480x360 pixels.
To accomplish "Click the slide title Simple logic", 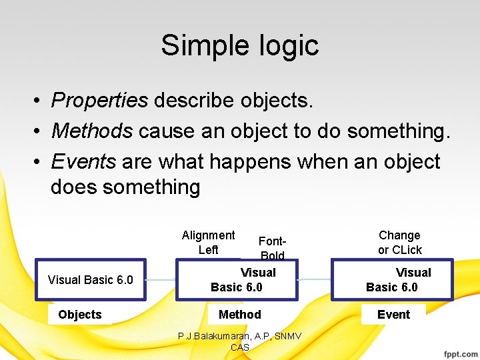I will coord(240,45).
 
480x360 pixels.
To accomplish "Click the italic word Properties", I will coord(99,100).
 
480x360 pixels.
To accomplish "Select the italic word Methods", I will coord(92,131).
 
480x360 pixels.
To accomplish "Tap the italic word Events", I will coord(83,161).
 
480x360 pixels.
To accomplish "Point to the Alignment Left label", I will coord(208,243).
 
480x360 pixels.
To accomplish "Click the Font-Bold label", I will coord(272,248).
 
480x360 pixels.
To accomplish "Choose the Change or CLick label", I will coord(399,243).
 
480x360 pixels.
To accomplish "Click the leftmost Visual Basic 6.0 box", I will coord(91,280).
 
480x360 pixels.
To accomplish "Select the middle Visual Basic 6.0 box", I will coord(237,280).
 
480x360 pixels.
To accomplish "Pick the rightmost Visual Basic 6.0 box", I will coord(392,280).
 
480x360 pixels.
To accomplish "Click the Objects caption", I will coord(80,315).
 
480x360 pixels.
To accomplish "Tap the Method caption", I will coord(240,315).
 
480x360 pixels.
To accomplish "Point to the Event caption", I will coord(393,315).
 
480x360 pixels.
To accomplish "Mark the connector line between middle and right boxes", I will coord(315,279).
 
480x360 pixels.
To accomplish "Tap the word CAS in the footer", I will coord(239,347).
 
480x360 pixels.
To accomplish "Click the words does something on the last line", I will coord(125,187).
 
